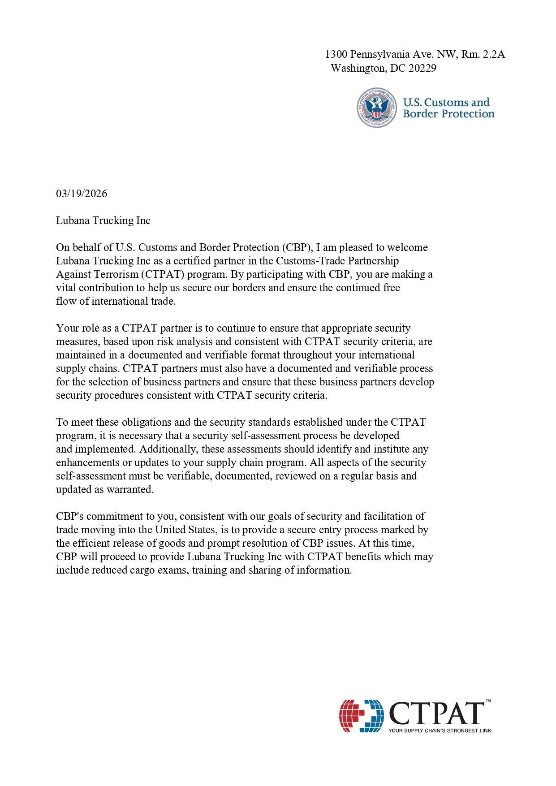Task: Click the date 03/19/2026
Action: [x=82, y=194]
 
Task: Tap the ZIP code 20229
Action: [x=422, y=68]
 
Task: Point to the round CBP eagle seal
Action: [x=377, y=108]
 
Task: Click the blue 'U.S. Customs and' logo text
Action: [x=446, y=102]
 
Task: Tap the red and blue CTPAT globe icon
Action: [x=361, y=716]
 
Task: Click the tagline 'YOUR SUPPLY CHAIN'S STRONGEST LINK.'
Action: [x=440, y=730]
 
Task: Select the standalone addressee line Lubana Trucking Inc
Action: [x=103, y=220]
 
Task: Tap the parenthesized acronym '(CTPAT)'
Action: [x=164, y=274]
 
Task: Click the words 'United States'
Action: [x=185, y=530]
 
